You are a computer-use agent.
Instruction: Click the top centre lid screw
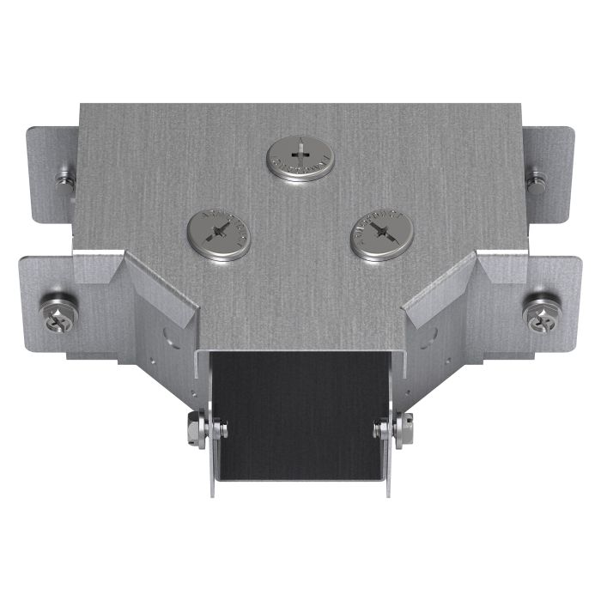click(300, 157)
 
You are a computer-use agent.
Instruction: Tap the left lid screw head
click(220, 232)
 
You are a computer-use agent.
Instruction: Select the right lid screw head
click(381, 232)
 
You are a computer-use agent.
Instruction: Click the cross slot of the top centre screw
click(300, 155)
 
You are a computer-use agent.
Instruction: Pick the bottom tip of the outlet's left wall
click(211, 493)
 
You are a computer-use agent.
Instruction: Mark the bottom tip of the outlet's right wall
click(391, 493)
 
